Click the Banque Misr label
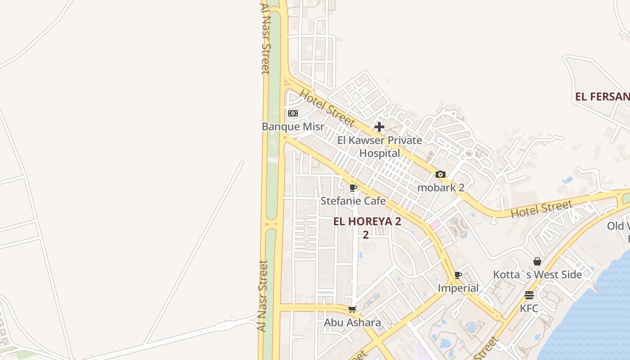(293, 127)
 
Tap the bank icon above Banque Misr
(293, 113)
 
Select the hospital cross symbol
(379, 127)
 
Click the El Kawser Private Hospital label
(379, 147)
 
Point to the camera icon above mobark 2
(441, 175)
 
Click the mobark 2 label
(441, 188)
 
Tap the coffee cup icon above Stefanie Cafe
(353, 188)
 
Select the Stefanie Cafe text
(353, 201)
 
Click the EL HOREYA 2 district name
(367, 221)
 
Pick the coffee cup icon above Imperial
(458, 275)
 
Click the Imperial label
(458, 288)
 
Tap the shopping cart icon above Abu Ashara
(352, 310)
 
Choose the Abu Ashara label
(352, 323)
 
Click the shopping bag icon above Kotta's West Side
(537, 261)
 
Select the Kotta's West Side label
(537, 274)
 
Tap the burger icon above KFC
(529, 295)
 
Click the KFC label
(529, 309)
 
